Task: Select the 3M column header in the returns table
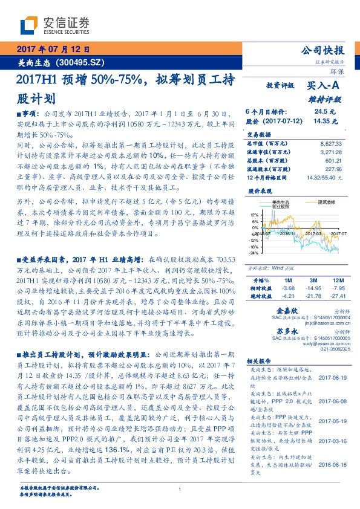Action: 312,281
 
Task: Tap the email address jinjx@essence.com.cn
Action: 327,323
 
